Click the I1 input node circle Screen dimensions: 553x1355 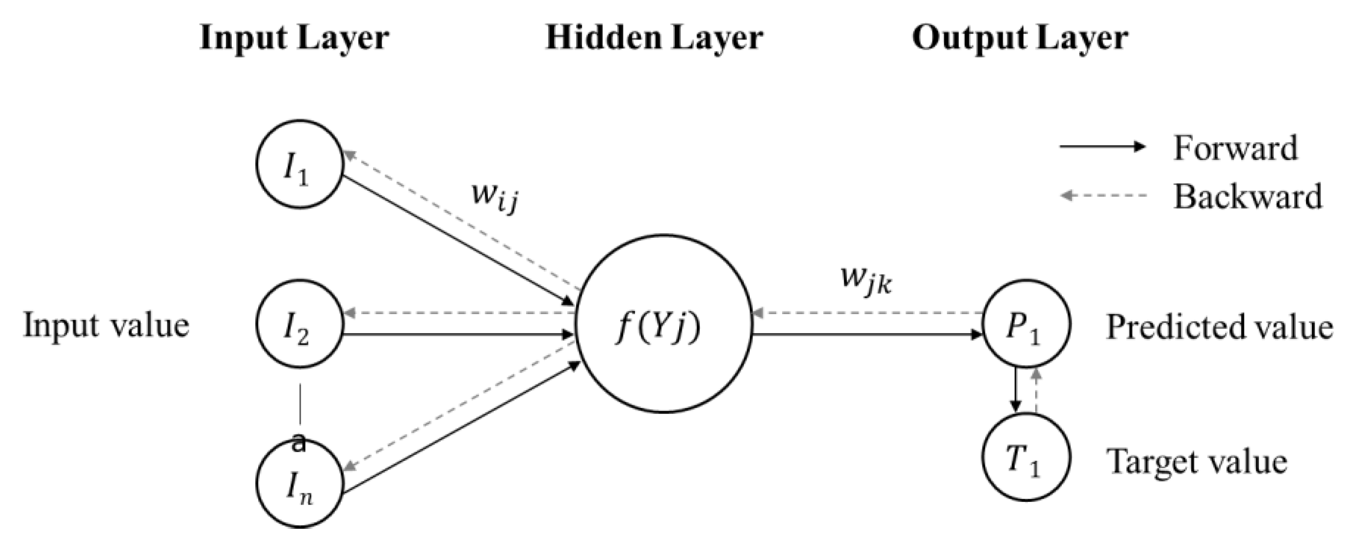pyautogui.click(x=299, y=164)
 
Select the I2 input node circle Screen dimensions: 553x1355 pyautogui.click(x=299, y=324)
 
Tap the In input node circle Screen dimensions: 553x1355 pyautogui.click(x=299, y=483)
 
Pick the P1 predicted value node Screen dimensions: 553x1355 pyautogui.click(x=1026, y=324)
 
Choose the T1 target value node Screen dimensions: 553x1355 pyautogui.click(x=1026, y=457)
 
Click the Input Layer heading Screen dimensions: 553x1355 pyautogui.click(x=294, y=38)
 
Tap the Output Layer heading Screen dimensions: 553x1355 pyautogui.click(x=1020, y=38)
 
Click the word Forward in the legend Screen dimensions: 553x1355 pyautogui.click(x=1235, y=148)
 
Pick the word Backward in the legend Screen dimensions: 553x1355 pyautogui.click(x=1248, y=196)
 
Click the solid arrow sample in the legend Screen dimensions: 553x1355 pyautogui.click(x=1102, y=146)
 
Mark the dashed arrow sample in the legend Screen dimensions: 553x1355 pyautogui.click(x=1102, y=196)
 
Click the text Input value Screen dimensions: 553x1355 pyautogui.click(x=106, y=326)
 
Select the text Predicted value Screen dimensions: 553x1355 pyautogui.click(x=1219, y=327)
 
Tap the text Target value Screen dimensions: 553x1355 pyautogui.click(x=1197, y=462)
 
